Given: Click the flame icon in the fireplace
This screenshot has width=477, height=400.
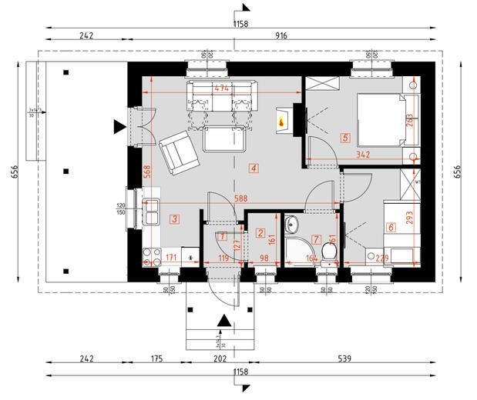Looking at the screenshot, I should pos(283,120).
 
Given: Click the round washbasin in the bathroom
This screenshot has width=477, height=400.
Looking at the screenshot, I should pos(292,225).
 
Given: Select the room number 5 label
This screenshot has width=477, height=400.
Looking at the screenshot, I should pos(344,138).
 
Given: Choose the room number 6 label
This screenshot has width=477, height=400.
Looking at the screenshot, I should pos(391,227).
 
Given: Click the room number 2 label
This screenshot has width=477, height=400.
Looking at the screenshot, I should pos(260,233).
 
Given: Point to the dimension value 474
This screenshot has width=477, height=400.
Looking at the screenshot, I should pos(222,88).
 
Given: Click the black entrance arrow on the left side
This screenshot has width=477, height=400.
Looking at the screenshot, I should pos(118,125).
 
